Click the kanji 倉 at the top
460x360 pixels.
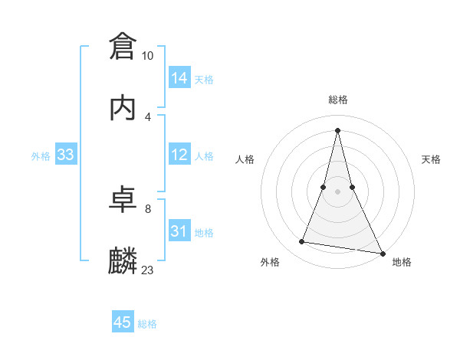pos(123,46)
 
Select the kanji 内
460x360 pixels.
pos(123,107)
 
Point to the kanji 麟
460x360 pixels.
pos(123,260)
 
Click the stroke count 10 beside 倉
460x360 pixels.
pos(148,56)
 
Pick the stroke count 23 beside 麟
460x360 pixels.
pos(148,270)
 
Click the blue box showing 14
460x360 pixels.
pos(179,78)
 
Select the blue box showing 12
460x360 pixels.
pos(179,155)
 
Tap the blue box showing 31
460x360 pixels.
pos(179,231)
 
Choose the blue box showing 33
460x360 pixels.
pos(66,155)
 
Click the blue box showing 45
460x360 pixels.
pos(123,322)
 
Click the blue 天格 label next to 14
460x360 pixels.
pos(204,80)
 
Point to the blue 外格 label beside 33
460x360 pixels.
pos(41,156)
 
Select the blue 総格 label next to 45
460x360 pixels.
pos(147,324)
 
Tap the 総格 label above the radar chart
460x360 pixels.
pos(337,100)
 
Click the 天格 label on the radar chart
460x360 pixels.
pos(432,159)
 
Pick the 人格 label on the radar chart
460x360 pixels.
pos(245,159)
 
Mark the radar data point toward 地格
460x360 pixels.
pos(382,253)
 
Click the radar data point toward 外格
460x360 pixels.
pos(302,242)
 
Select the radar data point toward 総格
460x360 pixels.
pos(337,129)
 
